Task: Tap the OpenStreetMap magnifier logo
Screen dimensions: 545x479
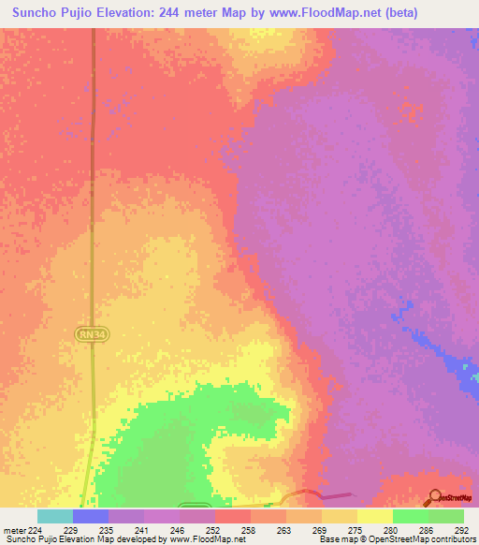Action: pyautogui.click(x=435, y=497)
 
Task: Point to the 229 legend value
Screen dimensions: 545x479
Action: pyautogui.click(x=71, y=529)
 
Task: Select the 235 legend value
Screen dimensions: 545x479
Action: pyautogui.click(x=107, y=529)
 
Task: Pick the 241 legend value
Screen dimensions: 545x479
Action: pyautogui.click(x=142, y=529)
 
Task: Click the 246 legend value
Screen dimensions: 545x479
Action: pyautogui.click(x=178, y=529)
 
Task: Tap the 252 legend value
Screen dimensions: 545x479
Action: pyautogui.click(x=213, y=529)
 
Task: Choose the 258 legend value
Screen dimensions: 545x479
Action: pyautogui.click(x=249, y=529)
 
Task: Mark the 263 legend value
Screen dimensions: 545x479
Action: pyautogui.click(x=284, y=529)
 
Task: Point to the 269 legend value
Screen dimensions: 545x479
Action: pyautogui.click(x=320, y=529)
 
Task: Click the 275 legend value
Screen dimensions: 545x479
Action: pyautogui.click(x=356, y=529)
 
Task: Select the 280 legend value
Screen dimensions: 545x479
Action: pyautogui.click(x=391, y=529)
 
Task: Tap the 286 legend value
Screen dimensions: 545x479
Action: pyautogui.click(x=427, y=529)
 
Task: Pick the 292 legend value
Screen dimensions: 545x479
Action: pyautogui.click(x=461, y=529)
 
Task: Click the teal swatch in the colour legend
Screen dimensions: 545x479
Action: pyautogui.click(x=54, y=516)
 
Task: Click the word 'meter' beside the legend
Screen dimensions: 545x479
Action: pyautogui.click(x=13, y=529)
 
